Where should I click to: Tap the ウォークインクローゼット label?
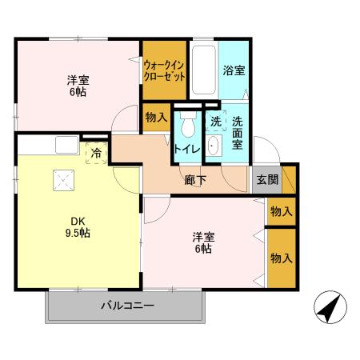164,70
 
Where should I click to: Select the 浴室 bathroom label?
234,70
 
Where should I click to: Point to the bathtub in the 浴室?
204,72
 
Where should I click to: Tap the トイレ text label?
188,147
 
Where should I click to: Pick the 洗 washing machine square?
214,123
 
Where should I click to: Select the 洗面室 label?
238,134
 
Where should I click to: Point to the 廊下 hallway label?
196,180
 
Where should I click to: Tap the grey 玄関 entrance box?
267,180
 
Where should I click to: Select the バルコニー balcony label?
127,305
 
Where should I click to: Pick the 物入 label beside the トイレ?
157,118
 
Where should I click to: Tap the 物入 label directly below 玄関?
281,211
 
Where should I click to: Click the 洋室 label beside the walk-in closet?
78,85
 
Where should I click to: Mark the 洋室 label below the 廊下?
202,242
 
